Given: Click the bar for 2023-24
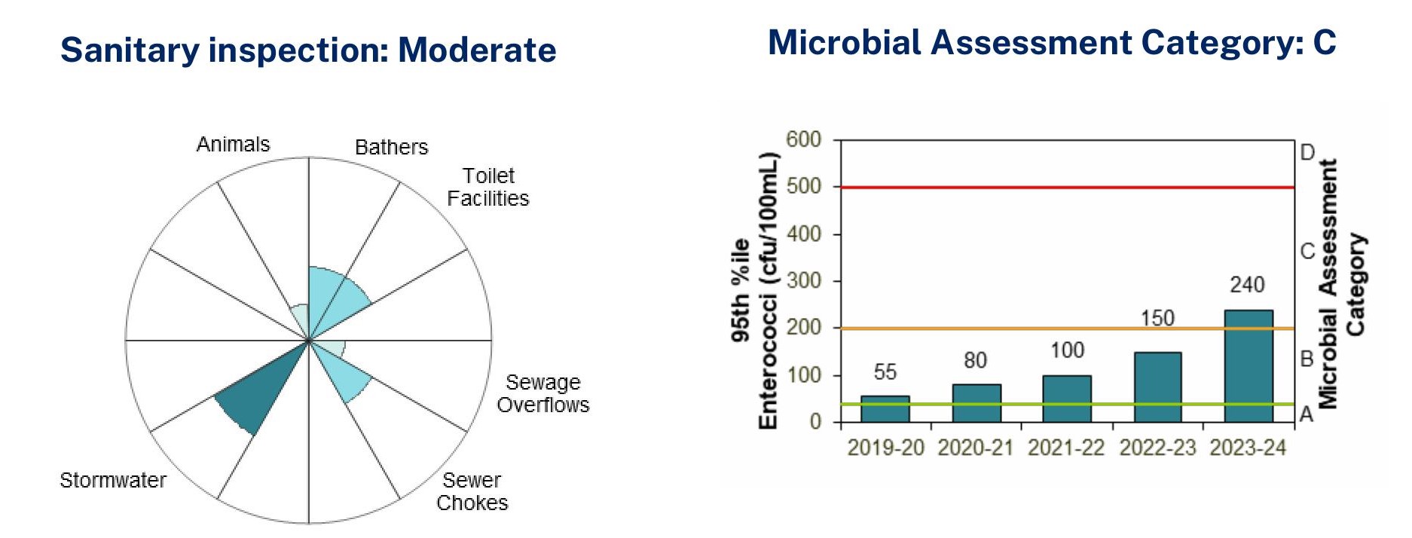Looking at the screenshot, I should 1248,366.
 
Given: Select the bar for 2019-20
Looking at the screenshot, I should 885,409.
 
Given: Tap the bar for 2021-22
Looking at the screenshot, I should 1067,399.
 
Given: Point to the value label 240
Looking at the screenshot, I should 1247,285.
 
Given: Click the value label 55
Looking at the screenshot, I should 885,372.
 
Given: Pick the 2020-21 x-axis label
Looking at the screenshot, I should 975,448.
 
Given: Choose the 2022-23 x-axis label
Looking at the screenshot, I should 1157,448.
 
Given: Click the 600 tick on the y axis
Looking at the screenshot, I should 803,139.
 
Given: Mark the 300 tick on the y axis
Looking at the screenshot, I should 803,281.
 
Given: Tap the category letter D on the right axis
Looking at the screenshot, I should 1307,153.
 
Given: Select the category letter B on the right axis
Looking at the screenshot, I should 1307,359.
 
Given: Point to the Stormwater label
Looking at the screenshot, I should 113,480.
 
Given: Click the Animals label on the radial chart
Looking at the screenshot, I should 233,144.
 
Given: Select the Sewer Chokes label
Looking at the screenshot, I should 472,491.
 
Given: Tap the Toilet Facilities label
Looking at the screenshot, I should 488,187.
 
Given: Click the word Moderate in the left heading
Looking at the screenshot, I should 477,50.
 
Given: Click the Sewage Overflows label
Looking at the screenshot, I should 542,393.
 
